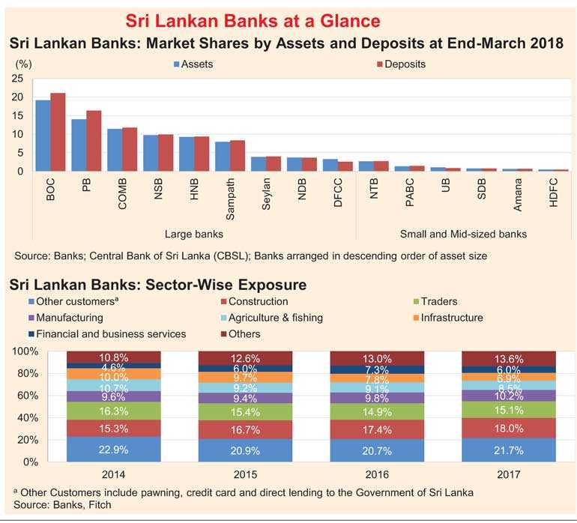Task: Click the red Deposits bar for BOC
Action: tap(58, 132)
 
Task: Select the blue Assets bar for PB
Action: tap(79, 145)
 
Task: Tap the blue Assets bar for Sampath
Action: tap(223, 156)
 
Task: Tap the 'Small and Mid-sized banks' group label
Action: tap(463, 234)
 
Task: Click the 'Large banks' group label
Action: tap(193, 234)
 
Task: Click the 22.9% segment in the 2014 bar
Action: tap(113, 448)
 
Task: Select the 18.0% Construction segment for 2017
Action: tap(510, 429)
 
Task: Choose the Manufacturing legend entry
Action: tap(69, 318)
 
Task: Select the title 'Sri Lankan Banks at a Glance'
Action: tap(253, 19)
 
